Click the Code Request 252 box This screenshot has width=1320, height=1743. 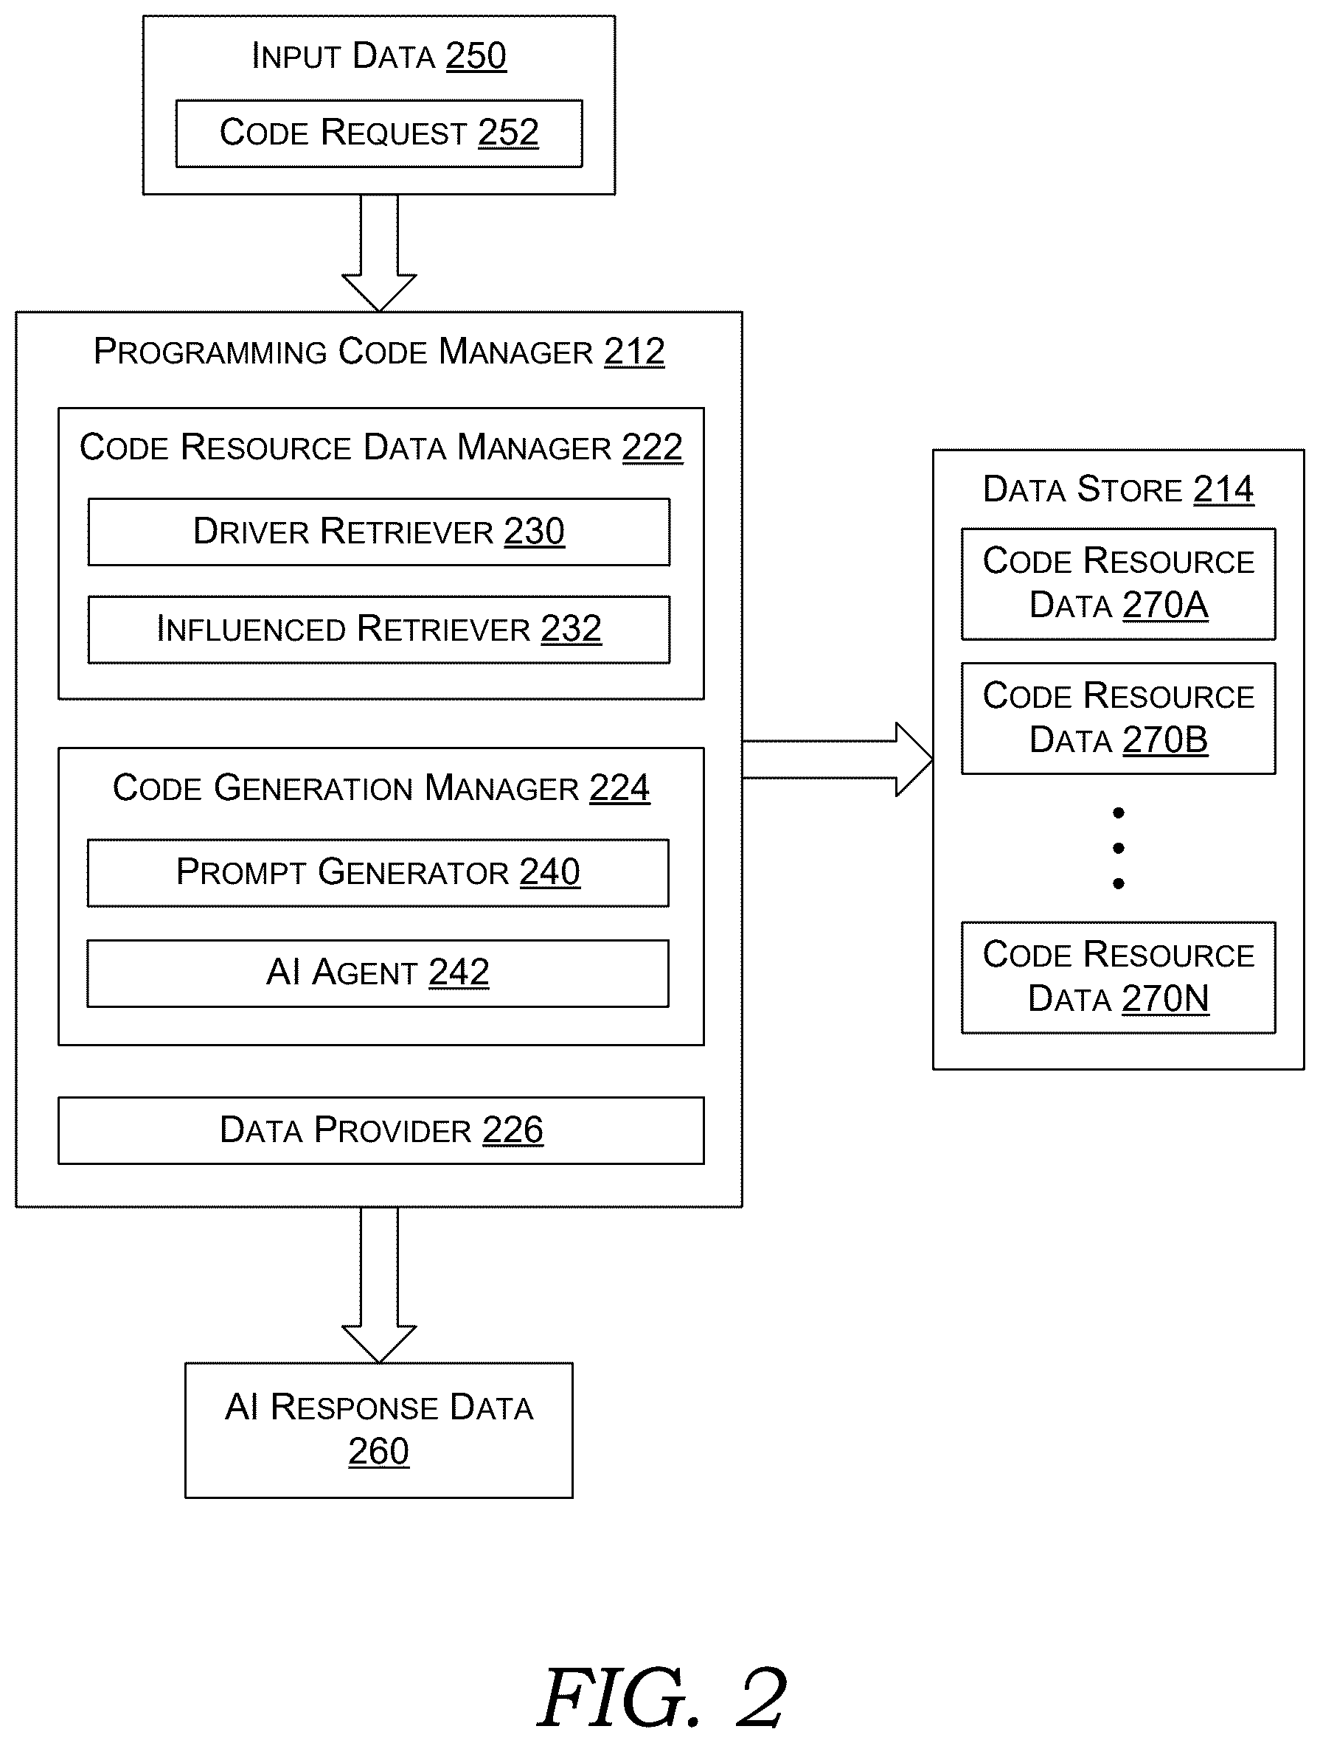[x=379, y=133]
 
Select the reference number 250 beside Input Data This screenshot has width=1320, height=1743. [x=476, y=56]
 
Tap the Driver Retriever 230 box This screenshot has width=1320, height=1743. [x=379, y=532]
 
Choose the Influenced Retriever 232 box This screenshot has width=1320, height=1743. [x=379, y=630]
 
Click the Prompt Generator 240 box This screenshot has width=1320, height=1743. [x=378, y=873]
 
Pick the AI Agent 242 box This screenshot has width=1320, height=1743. [x=378, y=973]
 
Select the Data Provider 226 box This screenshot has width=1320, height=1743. [x=381, y=1131]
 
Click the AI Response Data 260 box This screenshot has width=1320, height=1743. [x=379, y=1430]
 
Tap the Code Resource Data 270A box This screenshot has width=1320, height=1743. [x=1118, y=584]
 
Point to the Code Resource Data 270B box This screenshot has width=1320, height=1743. [x=1118, y=719]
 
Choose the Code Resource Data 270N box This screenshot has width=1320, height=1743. [x=1118, y=977]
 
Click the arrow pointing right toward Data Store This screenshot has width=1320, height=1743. [x=838, y=759]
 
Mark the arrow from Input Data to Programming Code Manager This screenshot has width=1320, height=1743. [x=379, y=253]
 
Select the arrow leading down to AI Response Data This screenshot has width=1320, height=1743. [x=379, y=1285]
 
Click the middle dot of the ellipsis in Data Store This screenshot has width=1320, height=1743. [x=1118, y=848]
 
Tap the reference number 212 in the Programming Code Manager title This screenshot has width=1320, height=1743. [x=634, y=352]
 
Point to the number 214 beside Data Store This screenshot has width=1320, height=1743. [x=1223, y=490]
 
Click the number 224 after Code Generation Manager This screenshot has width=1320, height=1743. [x=620, y=788]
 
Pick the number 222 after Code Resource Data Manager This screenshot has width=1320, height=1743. [x=653, y=448]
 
